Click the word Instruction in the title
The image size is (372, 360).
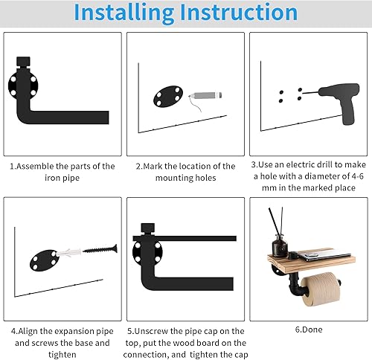pyautogui.click(x=237, y=13)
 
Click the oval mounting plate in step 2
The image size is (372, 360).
pyautogui.click(x=166, y=97)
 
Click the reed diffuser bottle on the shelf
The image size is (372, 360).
pyautogui.click(x=282, y=242)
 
